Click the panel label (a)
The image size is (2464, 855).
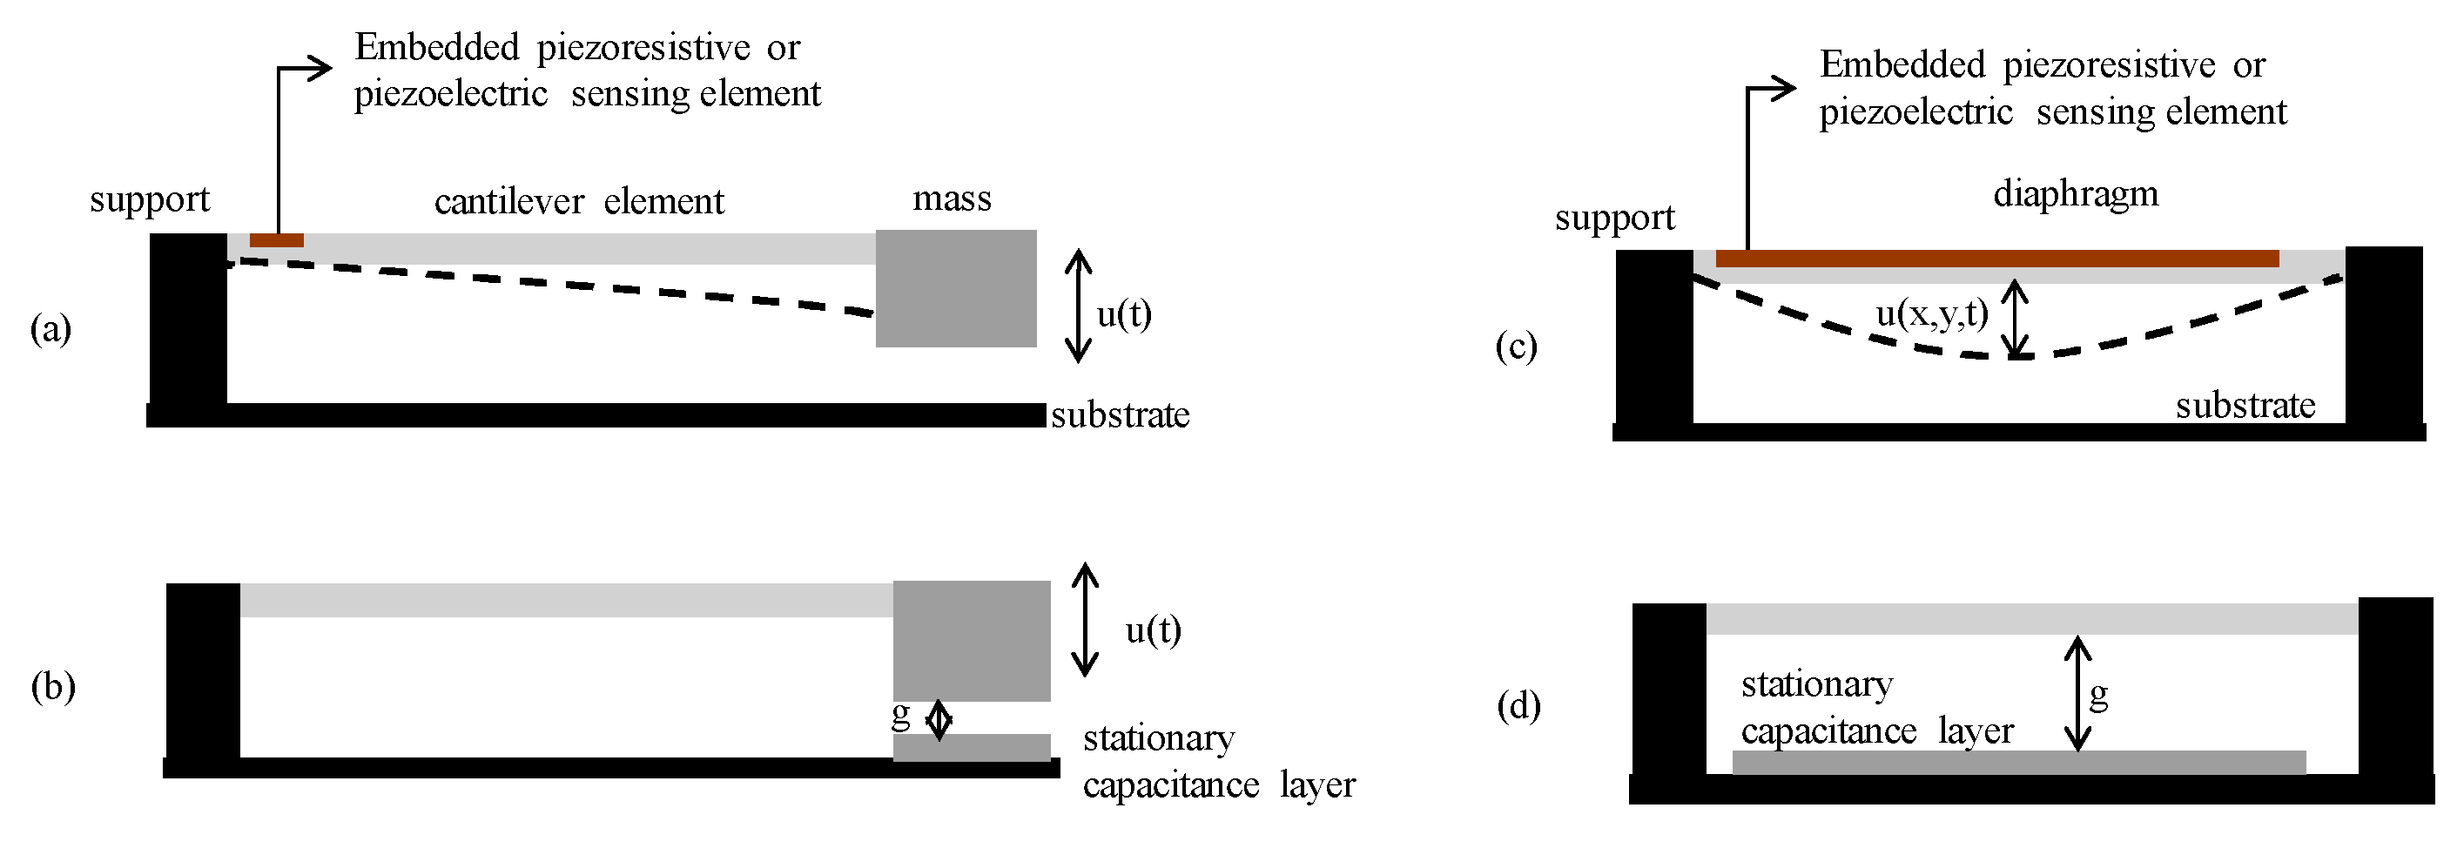click(x=50, y=329)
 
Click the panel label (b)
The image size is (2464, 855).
click(x=52, y=687)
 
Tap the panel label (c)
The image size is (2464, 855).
click(x=1516, y=347)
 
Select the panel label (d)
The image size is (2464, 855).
click(x=1518, y=706)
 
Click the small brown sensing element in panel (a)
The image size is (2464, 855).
click(x=276, y=240)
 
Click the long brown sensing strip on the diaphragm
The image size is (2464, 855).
click(x=1996, y=259)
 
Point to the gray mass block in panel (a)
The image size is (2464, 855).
click(x=956, y=288)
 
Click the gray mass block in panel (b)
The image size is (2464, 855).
click(x=971, y=641)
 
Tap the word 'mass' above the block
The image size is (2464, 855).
click(x=952, y=198)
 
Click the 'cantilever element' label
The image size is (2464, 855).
click(x=579, y=202)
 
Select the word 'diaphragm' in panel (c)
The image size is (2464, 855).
click(x=2075, y=194)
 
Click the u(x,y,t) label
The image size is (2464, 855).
click(x=1931, y=313)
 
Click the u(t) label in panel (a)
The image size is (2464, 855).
click(x=1123, y=313)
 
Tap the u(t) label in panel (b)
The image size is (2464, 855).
click(x=1153, y=629)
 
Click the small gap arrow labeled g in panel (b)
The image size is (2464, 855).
click(x=939, y=719)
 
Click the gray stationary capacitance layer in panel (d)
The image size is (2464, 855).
click(x=2018, y=762)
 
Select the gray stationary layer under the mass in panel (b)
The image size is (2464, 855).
click(x=971, y=747)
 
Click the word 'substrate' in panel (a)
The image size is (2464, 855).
click(x=1120, y=415)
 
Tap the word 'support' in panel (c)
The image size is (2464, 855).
click(x=1614, y=218)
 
